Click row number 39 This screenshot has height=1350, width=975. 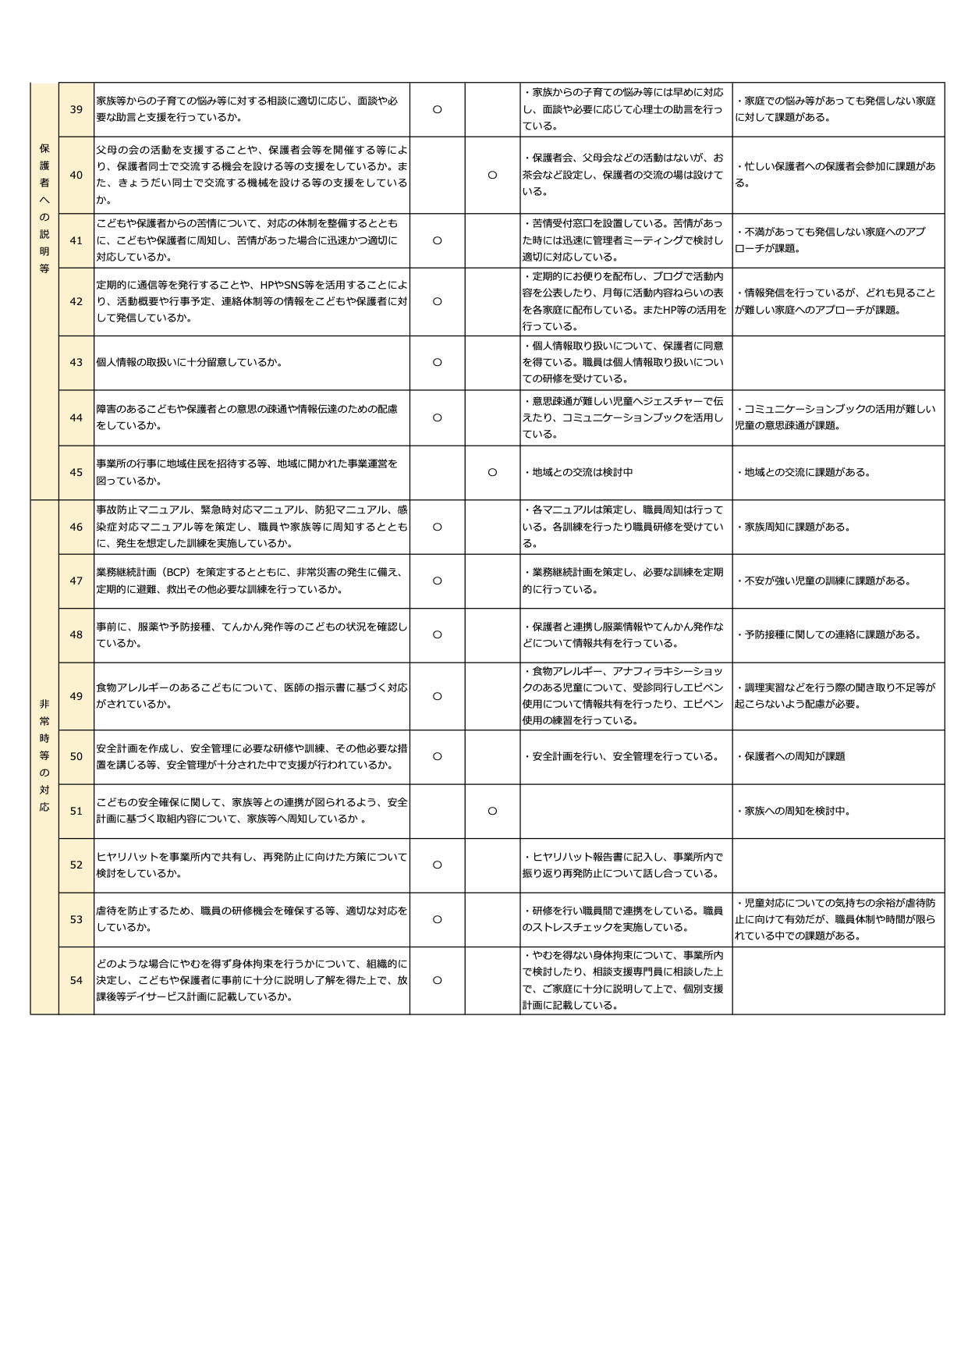tap(76, 109)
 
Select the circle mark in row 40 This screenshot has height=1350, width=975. tap(492, 175)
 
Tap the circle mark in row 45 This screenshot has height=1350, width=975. tap(492, 472)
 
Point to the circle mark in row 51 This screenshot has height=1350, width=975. tap(492, 811)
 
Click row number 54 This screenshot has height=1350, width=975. tap(76, 980)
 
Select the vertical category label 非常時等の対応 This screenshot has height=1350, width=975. tap(44, 755)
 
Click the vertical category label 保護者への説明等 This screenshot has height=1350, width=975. tap(44, 208)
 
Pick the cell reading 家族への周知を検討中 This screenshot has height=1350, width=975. tap(795, 811)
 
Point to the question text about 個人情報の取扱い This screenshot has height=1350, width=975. tap(190, 362)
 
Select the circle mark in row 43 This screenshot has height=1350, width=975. tap(437, 362)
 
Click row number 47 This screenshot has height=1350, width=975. tap(76, 581)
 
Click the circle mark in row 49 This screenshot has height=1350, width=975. tap(437, 696)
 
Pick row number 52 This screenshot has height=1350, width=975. tap(76, 865)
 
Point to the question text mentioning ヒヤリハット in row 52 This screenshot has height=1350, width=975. tap(251, 865)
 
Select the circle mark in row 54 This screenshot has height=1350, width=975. tap(437, 980)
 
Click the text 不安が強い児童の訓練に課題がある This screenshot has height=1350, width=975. tap(825, 581)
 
